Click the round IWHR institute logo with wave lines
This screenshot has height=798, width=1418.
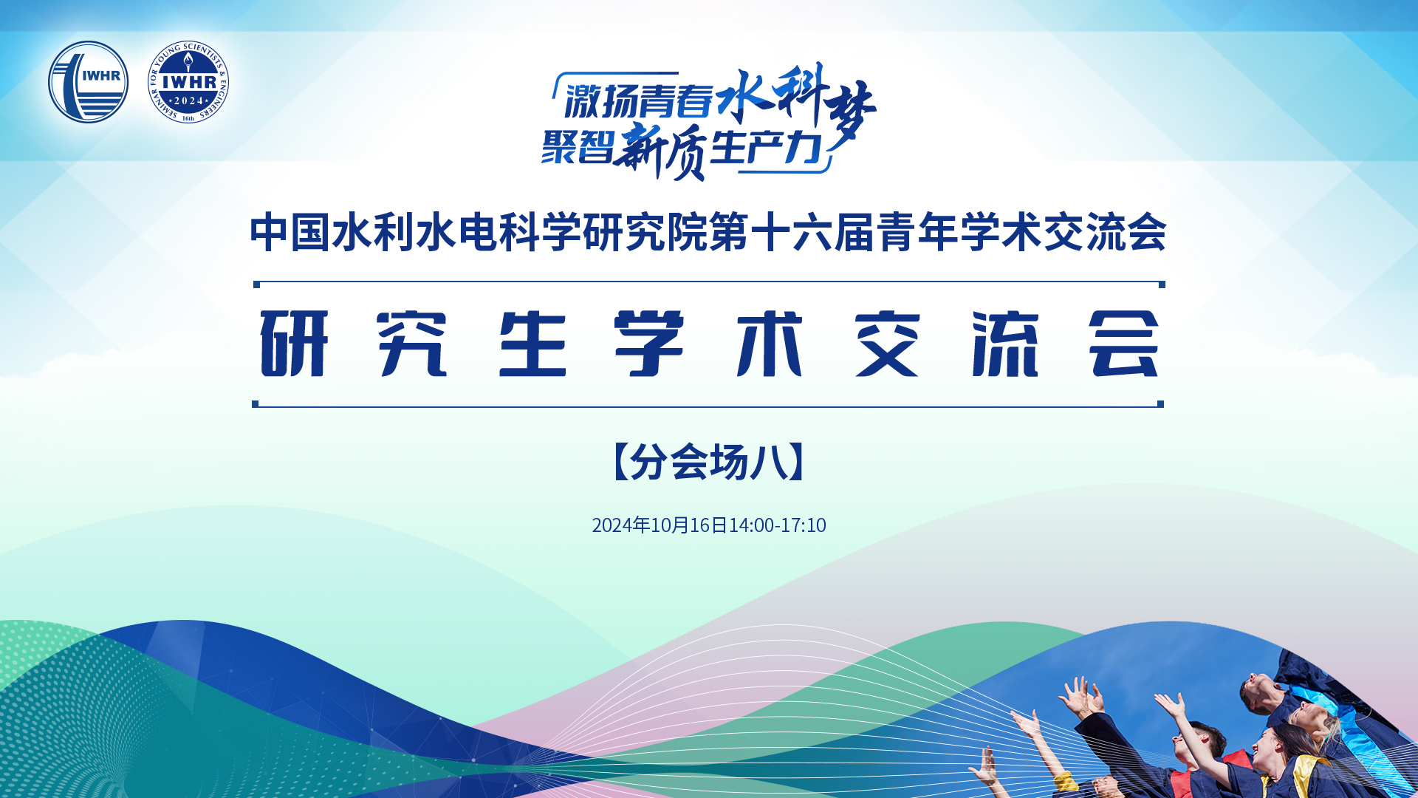pyautogui.click(x=88, y=82)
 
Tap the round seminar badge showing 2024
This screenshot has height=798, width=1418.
pyautogui.click(x=188, y=82)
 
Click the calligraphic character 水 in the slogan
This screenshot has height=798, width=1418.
pyautogui.click(x=743, y=95)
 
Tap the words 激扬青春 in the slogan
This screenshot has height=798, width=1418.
pyautogui.click(x=639, y=100)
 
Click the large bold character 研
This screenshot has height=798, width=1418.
pyautogui.click(x=294, y=344)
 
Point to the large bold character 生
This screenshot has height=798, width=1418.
pyautogui.click(x=532, y=344)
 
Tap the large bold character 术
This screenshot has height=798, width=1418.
pyautogui.click(x=770, y=344)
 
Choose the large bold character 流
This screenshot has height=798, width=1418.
pyautogui.click(x=1006, y=344)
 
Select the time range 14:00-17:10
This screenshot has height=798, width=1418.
pyautogui.click(x=778, y=525)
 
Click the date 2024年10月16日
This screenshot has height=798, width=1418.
pyautogui.click(x=660, y=525)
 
